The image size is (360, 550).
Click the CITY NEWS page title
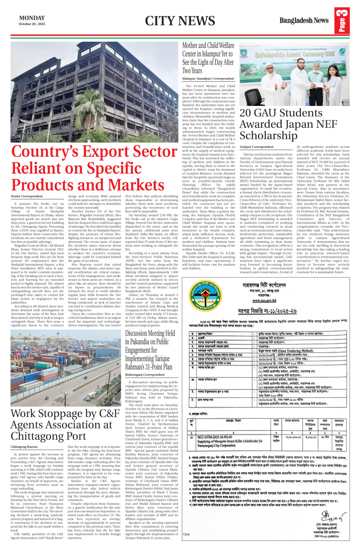tap(180, 21)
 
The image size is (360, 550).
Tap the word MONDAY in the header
tap(32, 18)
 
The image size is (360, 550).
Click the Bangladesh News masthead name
tap(304, 20)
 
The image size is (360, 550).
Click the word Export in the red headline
tap(109, 152)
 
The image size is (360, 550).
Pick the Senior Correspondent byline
tap(27, 196)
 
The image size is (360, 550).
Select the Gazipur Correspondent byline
tap(256, 147)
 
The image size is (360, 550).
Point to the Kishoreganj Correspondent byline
tap(145, 375)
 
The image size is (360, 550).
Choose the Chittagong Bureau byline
tap(24, 446)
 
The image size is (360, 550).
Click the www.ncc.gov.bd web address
tap(264, 300)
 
